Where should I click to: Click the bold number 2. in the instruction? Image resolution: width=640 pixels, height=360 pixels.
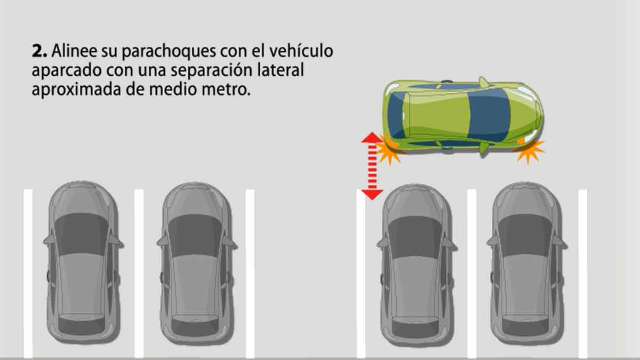39,51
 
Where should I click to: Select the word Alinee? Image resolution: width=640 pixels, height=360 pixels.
74,51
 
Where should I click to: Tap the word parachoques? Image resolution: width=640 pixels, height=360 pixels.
169,51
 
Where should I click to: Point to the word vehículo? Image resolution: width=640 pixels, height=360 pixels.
301,51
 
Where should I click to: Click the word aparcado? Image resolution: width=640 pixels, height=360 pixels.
67,70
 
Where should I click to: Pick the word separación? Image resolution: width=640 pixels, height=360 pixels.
211,70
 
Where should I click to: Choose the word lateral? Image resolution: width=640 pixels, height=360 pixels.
281,70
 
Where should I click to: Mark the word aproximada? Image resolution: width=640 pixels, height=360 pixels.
76,90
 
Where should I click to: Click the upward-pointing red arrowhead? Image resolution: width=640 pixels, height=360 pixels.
372,138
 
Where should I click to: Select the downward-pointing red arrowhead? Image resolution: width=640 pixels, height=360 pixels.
372,195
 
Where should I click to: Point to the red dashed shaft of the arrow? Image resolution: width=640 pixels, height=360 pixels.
372,166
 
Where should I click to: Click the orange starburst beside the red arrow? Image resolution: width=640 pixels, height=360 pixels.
389,150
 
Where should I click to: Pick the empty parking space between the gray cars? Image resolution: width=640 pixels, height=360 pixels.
305,271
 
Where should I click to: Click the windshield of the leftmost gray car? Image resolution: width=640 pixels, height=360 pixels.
82,234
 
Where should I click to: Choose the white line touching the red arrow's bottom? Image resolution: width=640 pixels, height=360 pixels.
361,273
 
